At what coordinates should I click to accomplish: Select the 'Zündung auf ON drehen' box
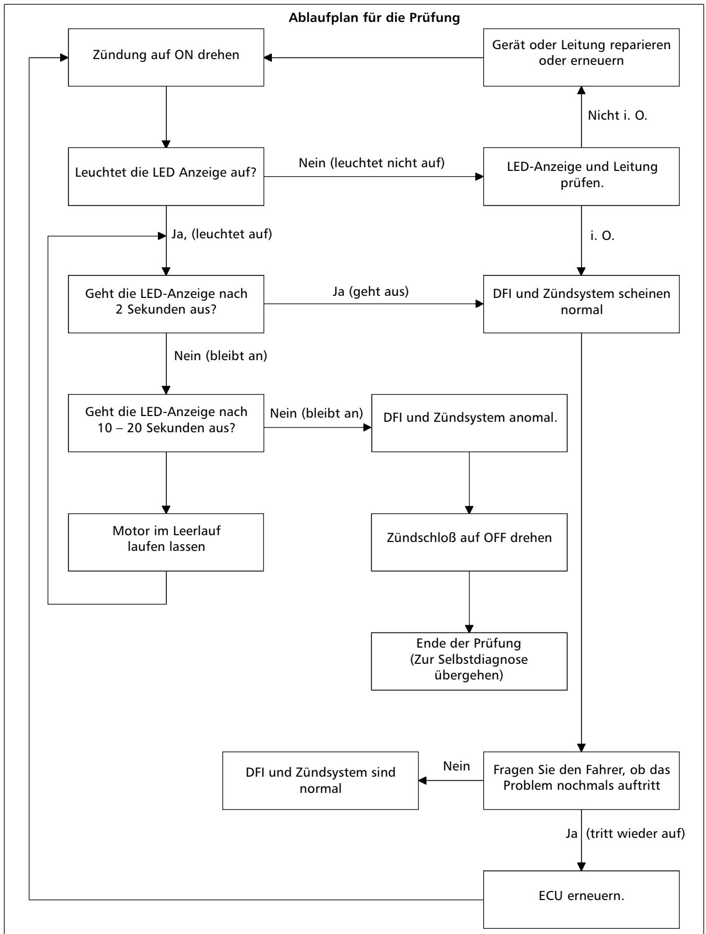(166, 57)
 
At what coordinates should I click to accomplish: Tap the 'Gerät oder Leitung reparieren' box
(581, 57)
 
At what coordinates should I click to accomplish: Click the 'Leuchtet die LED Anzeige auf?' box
(166, 177)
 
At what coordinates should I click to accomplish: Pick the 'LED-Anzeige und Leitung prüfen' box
(581, 177)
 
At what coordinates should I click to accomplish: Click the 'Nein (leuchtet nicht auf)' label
(372, 163)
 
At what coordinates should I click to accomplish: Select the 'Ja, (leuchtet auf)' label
(222, 235)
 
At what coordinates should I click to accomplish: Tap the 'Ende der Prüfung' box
(469, 661)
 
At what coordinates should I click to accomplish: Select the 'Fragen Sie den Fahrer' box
(581, 780)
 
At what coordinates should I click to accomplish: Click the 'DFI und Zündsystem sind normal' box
(321, 780)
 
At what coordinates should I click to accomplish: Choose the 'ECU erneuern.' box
(581, 900)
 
